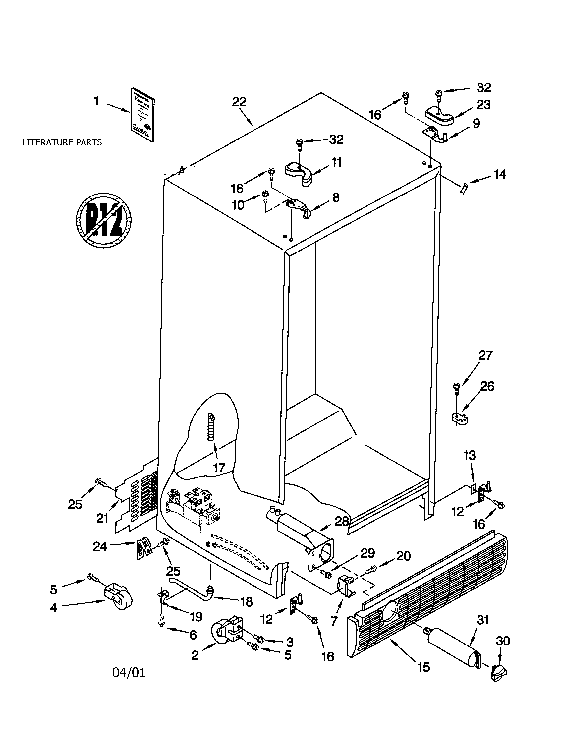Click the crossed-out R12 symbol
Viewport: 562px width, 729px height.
coord(104,220)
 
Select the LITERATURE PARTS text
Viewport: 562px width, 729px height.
coord(62,142)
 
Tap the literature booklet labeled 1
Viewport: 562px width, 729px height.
coord(142,120)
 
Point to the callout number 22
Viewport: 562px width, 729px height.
coord(239,102)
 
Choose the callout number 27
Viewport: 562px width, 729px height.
coord(485,355)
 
